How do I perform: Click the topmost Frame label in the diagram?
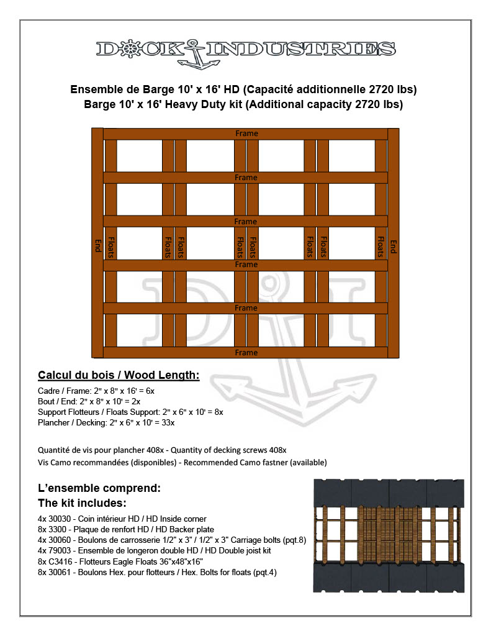point(246,134)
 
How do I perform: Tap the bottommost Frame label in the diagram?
point(246,353)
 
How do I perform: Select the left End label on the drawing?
point(97,245)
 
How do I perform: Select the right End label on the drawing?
point(393,245)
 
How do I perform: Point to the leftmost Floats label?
point(111,246)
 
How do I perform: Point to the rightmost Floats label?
point(379,246)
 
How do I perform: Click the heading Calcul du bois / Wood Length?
point(119,375)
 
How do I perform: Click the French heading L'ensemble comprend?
point(99,488)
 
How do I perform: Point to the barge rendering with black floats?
point(389,535)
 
